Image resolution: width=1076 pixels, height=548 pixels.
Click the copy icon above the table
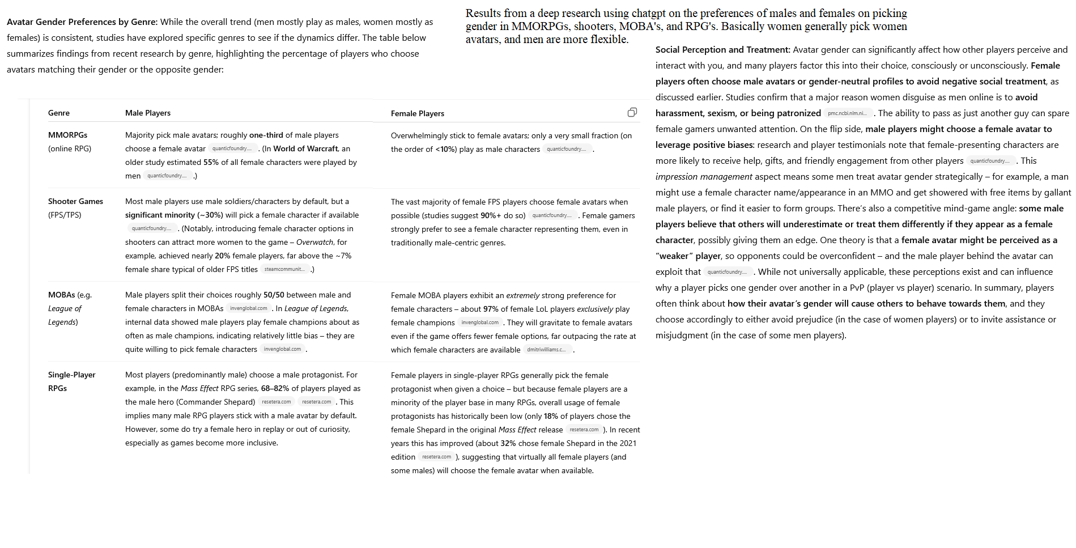click(x=632, y=112)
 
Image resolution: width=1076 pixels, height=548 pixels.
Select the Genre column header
click(x=59, y=113)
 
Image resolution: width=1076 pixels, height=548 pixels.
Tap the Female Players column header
click(x=418, y=113)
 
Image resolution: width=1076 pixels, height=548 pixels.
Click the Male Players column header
click(x=148, y=113)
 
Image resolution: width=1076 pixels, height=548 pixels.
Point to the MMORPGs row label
click(x=67, y=135)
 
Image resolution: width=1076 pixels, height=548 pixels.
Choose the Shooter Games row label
click(x=75, y=201)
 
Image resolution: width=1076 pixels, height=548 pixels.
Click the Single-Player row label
click(x=71, y=375)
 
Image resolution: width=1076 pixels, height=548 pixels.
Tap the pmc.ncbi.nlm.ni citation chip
click(x=847, y=113)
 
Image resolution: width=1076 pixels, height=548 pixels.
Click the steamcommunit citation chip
click(x=284, y=269)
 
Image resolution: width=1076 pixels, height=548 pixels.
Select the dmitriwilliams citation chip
click(x=546, y=350)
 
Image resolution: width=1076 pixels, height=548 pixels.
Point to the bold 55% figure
click(x=211, y=162)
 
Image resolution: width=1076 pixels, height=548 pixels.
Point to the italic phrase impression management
click(x=704, y=176)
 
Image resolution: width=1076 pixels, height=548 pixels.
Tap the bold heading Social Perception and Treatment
click(x=722, y=49)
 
